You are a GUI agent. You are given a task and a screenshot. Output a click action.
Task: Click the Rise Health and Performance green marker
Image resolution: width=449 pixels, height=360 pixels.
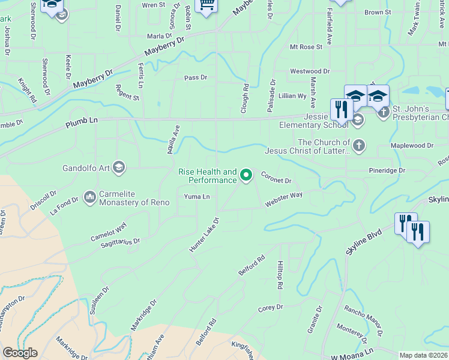tap(246, 176)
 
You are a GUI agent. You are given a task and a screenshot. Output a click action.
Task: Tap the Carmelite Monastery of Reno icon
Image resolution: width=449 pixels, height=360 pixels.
tap(91, 197)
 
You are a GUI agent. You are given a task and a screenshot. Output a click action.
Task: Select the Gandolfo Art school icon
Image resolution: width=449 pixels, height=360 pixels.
tap(118, 167)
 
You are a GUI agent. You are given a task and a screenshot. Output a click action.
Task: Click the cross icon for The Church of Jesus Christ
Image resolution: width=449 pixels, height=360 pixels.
tap(358, 146)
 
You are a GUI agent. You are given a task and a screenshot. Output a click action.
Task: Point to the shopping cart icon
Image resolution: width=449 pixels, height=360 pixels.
tap(206, 5)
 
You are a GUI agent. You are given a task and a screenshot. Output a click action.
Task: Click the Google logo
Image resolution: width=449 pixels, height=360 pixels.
tap(20, 353)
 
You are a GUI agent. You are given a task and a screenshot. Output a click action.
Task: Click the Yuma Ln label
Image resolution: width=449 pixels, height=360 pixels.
tap(197, 197)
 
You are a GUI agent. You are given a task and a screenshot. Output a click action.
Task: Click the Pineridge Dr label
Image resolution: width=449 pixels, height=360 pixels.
tap(386, 171)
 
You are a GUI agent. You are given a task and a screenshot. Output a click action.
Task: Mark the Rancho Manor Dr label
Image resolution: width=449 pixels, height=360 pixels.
tap(364, 320)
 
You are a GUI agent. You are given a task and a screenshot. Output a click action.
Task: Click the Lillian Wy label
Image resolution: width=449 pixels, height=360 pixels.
tap(293, 95)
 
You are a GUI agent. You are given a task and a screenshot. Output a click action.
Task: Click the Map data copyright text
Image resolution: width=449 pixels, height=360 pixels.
tap(423, 355)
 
